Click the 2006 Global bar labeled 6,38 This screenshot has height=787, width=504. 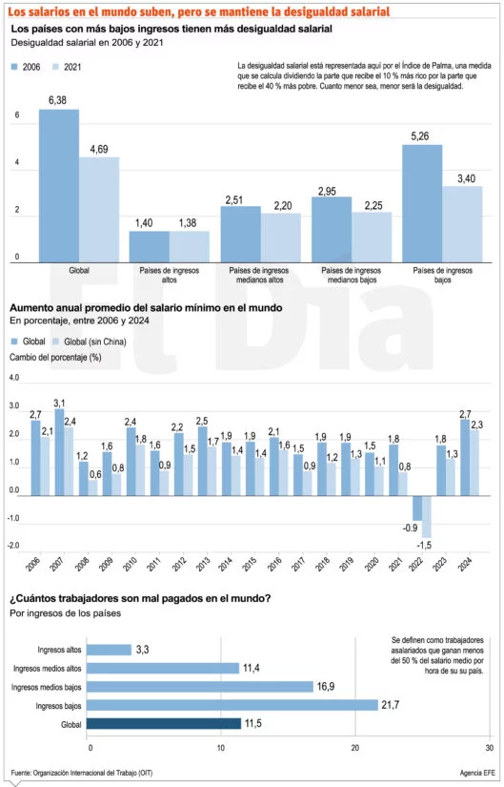click(59, 186)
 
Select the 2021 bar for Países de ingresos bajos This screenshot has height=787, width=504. click(462, 224)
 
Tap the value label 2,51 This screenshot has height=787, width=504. click(234, 199)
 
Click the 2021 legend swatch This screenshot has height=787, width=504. click(55, 67)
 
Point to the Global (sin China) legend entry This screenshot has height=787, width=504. click(90, 342)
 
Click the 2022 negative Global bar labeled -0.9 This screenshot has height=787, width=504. click(417, 508)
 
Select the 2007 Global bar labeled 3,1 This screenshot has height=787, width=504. click(59, 452)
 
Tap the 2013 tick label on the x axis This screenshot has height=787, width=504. click(203, 564)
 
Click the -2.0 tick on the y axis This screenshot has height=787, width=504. click(14, 545)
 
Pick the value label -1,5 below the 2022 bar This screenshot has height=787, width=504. click(424, 545)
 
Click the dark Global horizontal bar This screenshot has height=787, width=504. click(164, 723)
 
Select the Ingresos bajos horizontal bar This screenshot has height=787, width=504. click(232, 705)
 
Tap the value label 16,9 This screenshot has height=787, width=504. click(326, 686)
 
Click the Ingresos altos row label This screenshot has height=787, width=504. click(59, 650)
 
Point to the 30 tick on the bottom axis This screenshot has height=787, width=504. click(489, 748)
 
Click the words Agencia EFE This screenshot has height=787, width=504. click(476, 773)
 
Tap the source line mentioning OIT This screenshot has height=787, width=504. click(82, 773)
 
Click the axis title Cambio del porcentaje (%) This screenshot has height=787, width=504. click(55, 358)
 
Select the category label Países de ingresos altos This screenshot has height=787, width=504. click(169, 275)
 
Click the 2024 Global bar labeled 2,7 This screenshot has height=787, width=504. click(465, 458)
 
